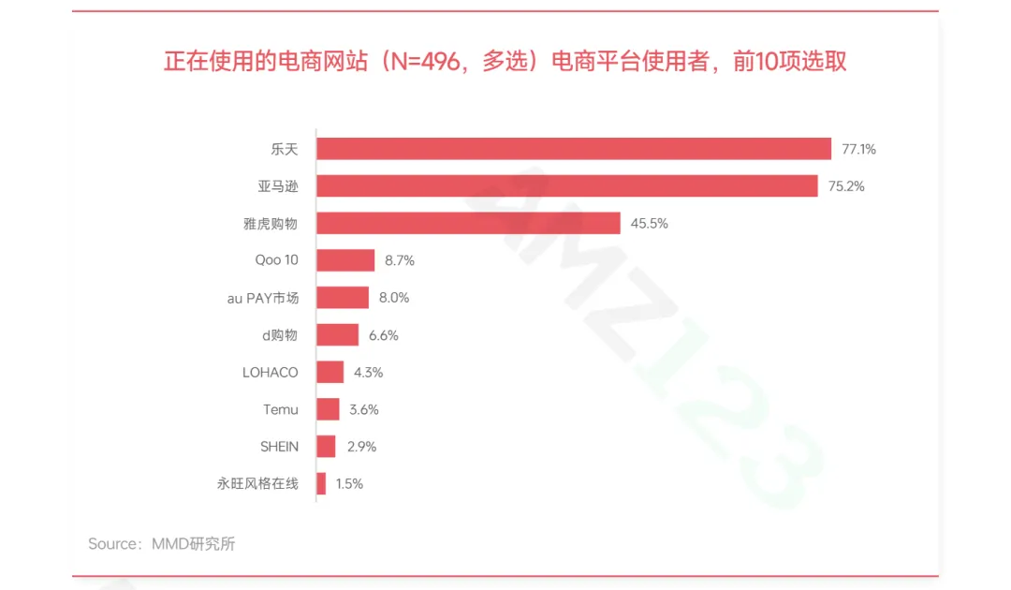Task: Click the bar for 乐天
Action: (x=573, y=149)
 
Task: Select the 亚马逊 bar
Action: (x=566, y=185)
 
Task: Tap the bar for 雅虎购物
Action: (x=468, y=223)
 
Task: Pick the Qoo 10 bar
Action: (x=345, y=260)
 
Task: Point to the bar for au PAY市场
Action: (x=343, y=298)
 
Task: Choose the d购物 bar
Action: (x=337, y=335)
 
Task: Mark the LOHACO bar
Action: (x=330, y=372)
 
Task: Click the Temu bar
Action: (x=328, y=409)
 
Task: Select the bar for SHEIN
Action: (x=326, y=447)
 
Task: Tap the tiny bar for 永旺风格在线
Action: (x=321, y=484)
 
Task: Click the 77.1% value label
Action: (x=858, y=149)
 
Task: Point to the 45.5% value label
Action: (x=649, y=223)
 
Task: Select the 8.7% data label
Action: (x=400, y=260)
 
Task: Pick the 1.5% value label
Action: (x=348, y=484)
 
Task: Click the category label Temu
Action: (x=281, y=409)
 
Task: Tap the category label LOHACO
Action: (x=271, y=372)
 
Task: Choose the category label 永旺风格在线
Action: (x=257, y=484)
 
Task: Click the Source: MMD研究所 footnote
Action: (x=162, y=544)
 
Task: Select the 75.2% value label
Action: (x=846, y=185)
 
